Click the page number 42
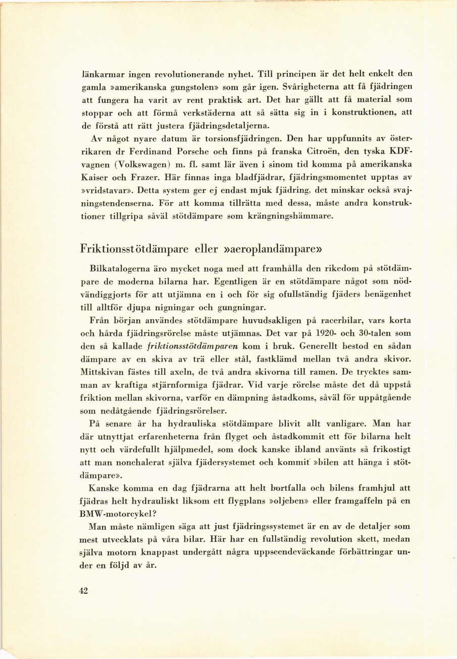(84, 591)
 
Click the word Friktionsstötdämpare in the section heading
(134, 249)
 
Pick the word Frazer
(146, 177)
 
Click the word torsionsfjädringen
(244, 138)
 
